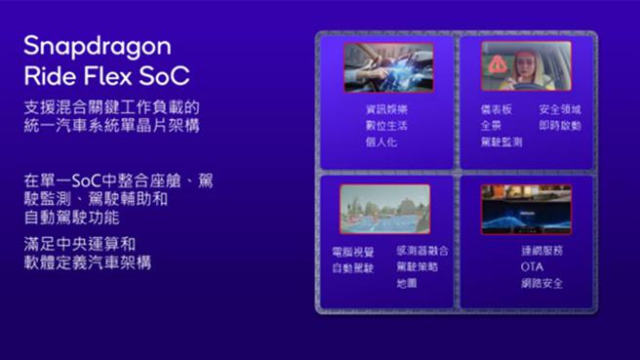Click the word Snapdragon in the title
point(97,46)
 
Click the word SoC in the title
point(165,77)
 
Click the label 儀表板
point(495,110)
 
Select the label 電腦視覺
point(352,252)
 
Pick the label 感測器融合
point(423,251)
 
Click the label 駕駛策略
point(418,266)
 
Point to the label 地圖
point(407,283)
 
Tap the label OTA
point(532,266)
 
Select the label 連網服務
point(541,251)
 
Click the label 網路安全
point(541,283)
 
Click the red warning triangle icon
point(499,61)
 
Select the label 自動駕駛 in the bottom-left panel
point(352,267)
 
